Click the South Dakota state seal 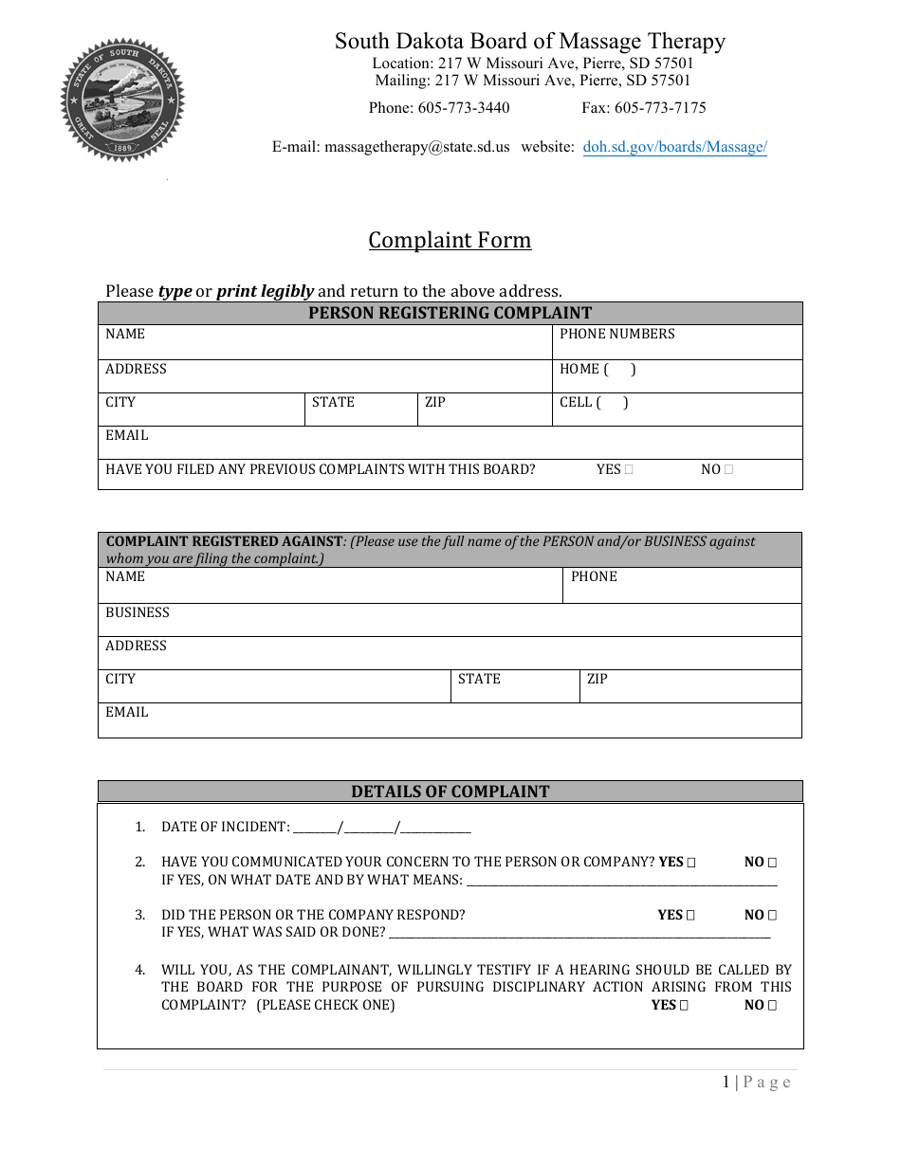tap(122, 100)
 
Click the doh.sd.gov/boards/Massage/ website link tap(674, 147)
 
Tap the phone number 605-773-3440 tap(463, 107)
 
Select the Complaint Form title tap(450, 240)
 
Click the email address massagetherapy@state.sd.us tap(416, 147)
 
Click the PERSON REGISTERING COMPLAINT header tap(450, 313)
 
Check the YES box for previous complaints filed tap(630, 469)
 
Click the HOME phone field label tap(579, 369)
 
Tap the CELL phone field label tap(576, 402)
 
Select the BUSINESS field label tap(138, 612)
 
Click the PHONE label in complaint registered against tap(594, 576)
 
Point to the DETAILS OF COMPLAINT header tap(450, 792)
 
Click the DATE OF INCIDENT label tap(225, 827)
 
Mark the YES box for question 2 tap(690, 863)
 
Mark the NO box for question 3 tap(772, 916)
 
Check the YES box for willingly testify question tap(684, 1005)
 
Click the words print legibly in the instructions tap(265, 291)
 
